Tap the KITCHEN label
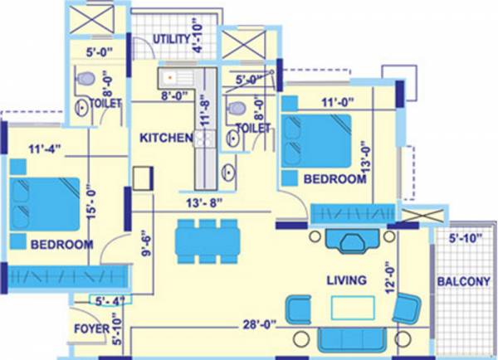(x=166, y=138)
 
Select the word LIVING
(x=347, y=281)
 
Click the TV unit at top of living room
(x=351, y=242)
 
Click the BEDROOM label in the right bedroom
(x=334, y=179)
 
